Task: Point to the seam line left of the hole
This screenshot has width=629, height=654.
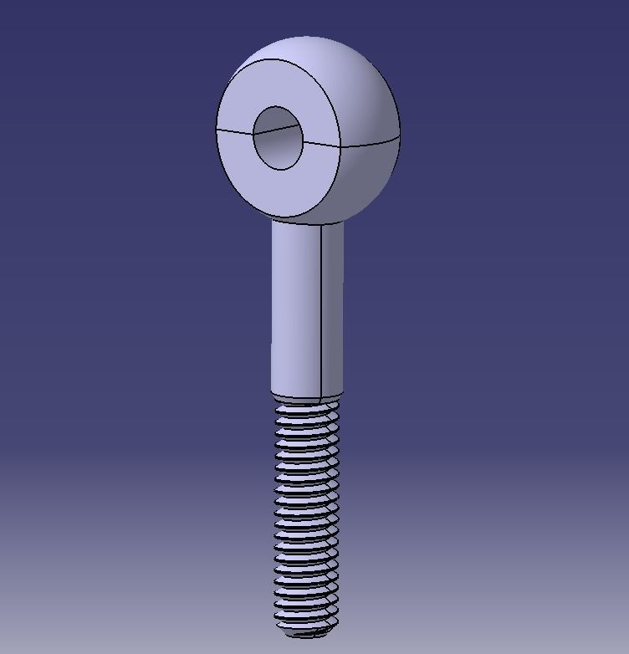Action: pos(234,131)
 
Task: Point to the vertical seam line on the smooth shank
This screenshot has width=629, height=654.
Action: pos(322,309)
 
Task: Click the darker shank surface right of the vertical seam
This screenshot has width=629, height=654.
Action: pos(333,309)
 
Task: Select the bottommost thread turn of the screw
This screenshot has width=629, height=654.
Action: pos(306,622)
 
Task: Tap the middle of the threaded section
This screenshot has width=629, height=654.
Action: pos(306,514)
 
